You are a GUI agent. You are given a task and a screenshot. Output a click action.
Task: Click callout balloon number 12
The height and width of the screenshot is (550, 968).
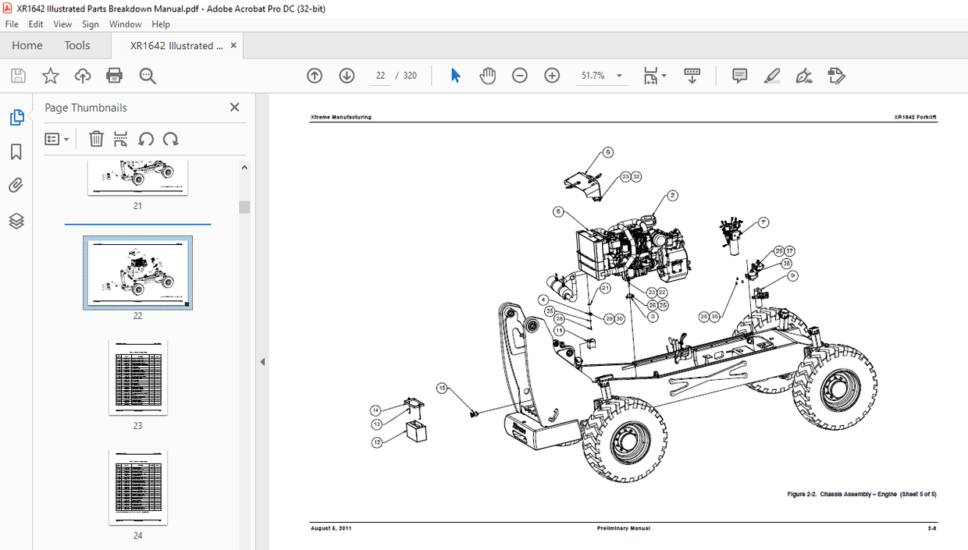[x=377, y=442]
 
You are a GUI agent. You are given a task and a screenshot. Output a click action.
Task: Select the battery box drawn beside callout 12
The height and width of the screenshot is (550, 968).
[x=417, y=431]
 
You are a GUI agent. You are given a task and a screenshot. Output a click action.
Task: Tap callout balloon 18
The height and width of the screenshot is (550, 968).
[x=443, y=388]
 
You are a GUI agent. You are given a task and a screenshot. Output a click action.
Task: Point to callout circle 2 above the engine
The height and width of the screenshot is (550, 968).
[x=672, y=196]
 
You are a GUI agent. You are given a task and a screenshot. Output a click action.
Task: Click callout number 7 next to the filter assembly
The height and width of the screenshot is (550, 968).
[x=763, y=222]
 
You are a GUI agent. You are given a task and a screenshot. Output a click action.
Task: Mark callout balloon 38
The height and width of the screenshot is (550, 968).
[x=786, y=264]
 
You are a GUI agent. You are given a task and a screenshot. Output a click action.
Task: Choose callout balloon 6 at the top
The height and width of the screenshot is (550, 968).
[x=608, y=153]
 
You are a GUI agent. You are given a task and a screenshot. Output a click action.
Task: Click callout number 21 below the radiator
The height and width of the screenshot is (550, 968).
[x=604, y=289]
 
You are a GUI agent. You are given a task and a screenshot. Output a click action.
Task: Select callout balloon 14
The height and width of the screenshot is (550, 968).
[x=375, y=410]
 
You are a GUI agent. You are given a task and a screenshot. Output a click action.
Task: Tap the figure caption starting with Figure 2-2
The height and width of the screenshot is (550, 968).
[x=862, y=495]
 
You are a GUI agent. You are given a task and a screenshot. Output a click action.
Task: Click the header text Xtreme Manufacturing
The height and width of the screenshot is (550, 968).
[x=341, y=117]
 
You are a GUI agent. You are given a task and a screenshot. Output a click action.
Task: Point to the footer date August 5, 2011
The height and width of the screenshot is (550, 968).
[x=331, y=528]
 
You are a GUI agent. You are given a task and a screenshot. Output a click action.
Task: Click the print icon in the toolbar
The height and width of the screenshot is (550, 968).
[x=115, y=76]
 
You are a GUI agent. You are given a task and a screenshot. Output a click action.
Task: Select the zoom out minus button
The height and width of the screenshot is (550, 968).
[x=520, y=76]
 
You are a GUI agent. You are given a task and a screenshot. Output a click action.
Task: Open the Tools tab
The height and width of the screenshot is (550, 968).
[x=77, y=45]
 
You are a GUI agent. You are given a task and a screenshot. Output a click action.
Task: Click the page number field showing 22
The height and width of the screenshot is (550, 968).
[x=380, y=76]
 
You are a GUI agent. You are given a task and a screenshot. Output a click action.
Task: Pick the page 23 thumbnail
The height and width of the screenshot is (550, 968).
[x=138, y=377]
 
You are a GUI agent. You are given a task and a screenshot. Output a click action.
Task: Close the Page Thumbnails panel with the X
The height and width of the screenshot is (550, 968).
[x=234, y=108]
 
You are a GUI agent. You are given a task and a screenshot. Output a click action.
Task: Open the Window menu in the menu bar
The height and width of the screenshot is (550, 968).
[x=125, y=24]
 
